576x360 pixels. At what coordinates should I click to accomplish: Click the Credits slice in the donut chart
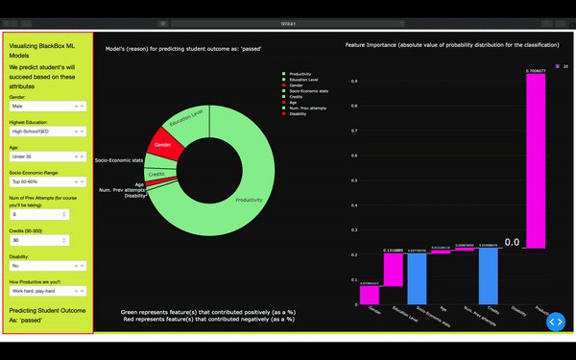point(156,173)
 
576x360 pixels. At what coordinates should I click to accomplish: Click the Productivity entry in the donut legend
point(301,73)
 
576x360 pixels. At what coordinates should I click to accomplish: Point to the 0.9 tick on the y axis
point(353,81)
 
